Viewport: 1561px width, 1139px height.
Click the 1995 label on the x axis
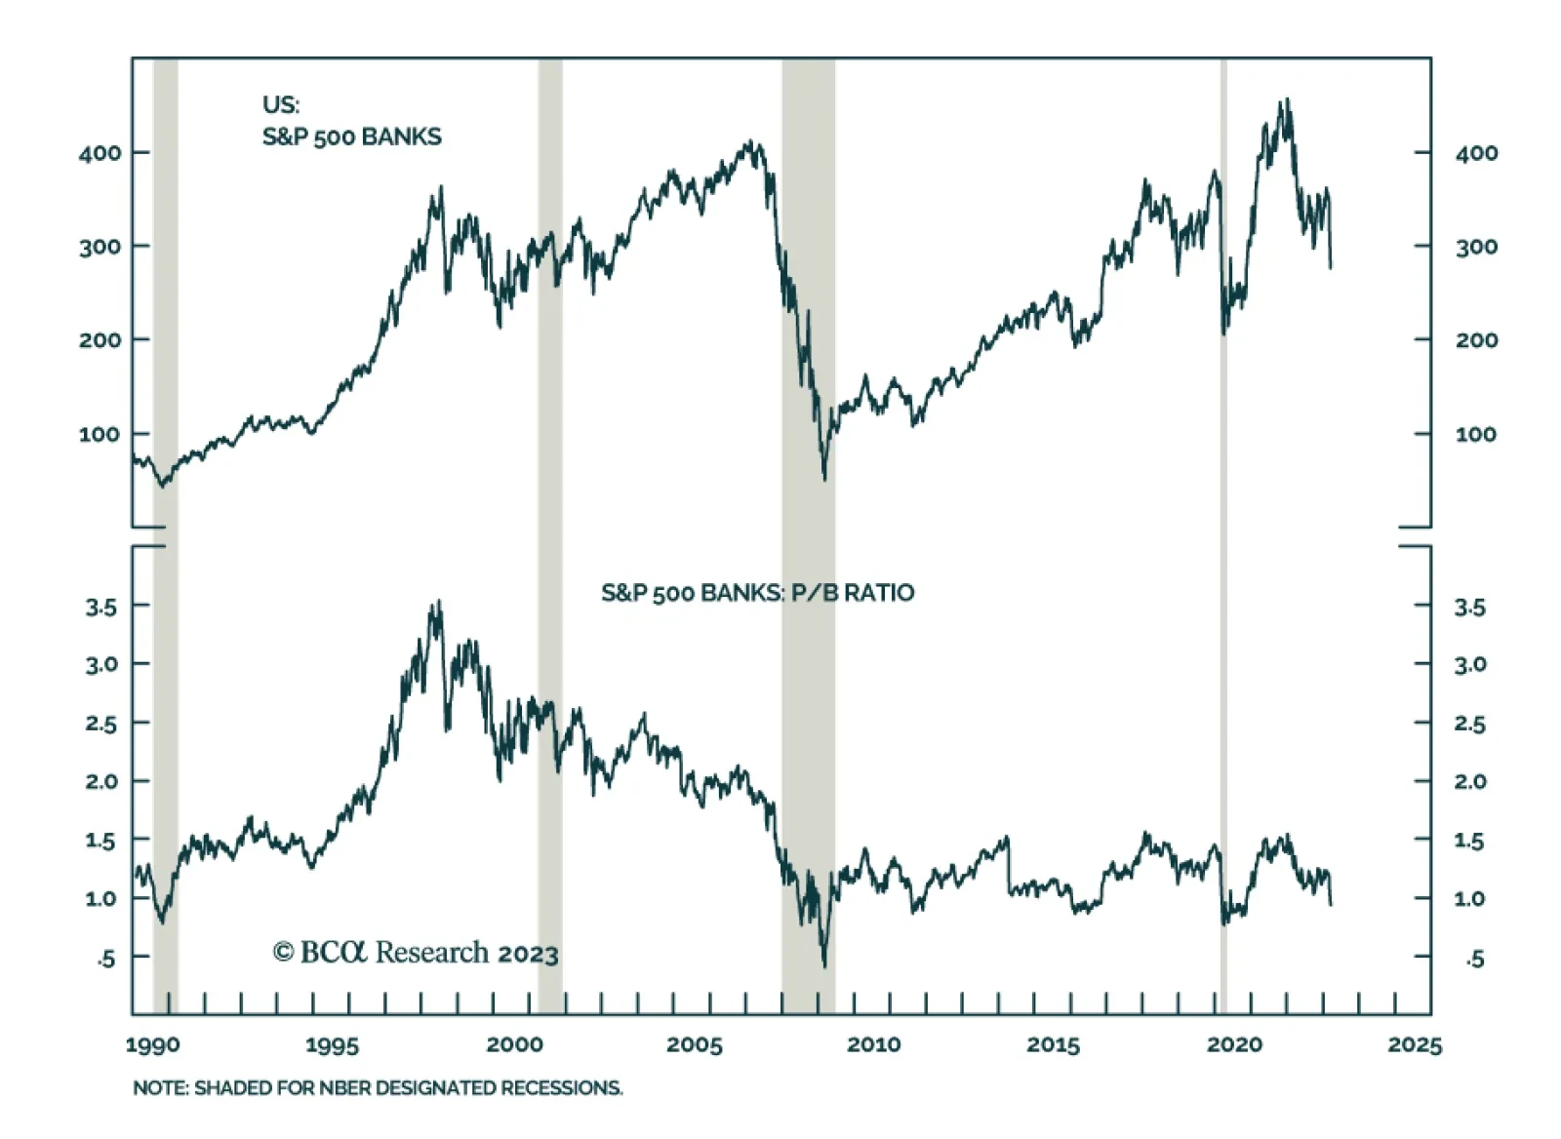332,1044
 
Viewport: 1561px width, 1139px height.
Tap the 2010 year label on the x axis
873,1044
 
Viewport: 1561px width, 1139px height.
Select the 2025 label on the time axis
1414,1044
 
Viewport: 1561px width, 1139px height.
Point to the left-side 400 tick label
100,153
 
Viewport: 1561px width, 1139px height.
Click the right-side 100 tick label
1475,434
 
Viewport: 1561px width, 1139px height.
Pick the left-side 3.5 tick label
100,608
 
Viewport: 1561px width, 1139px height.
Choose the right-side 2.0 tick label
1469,782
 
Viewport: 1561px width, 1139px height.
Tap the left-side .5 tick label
105,959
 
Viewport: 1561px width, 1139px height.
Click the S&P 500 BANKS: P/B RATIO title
757,593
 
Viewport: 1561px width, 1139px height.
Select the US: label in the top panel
281,104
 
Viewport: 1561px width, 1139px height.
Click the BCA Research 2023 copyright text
416,953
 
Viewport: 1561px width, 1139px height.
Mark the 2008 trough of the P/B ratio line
824,964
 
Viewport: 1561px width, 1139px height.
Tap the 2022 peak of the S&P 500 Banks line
1287,99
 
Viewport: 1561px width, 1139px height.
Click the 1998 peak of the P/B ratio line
438,602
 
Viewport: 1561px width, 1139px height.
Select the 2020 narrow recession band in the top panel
1223,293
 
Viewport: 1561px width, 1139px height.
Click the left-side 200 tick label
100,340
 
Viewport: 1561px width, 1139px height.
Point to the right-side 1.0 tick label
1469,899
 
